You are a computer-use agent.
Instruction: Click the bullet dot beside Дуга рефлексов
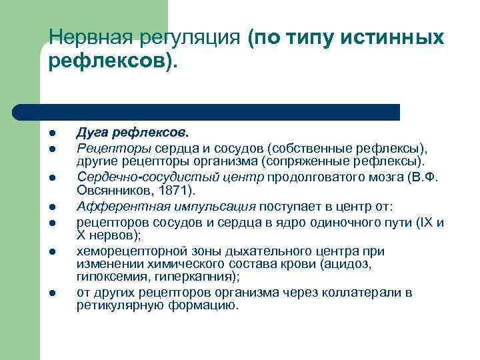(x=52, y=133)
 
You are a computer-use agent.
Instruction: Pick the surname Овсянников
(x=109, y=191)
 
